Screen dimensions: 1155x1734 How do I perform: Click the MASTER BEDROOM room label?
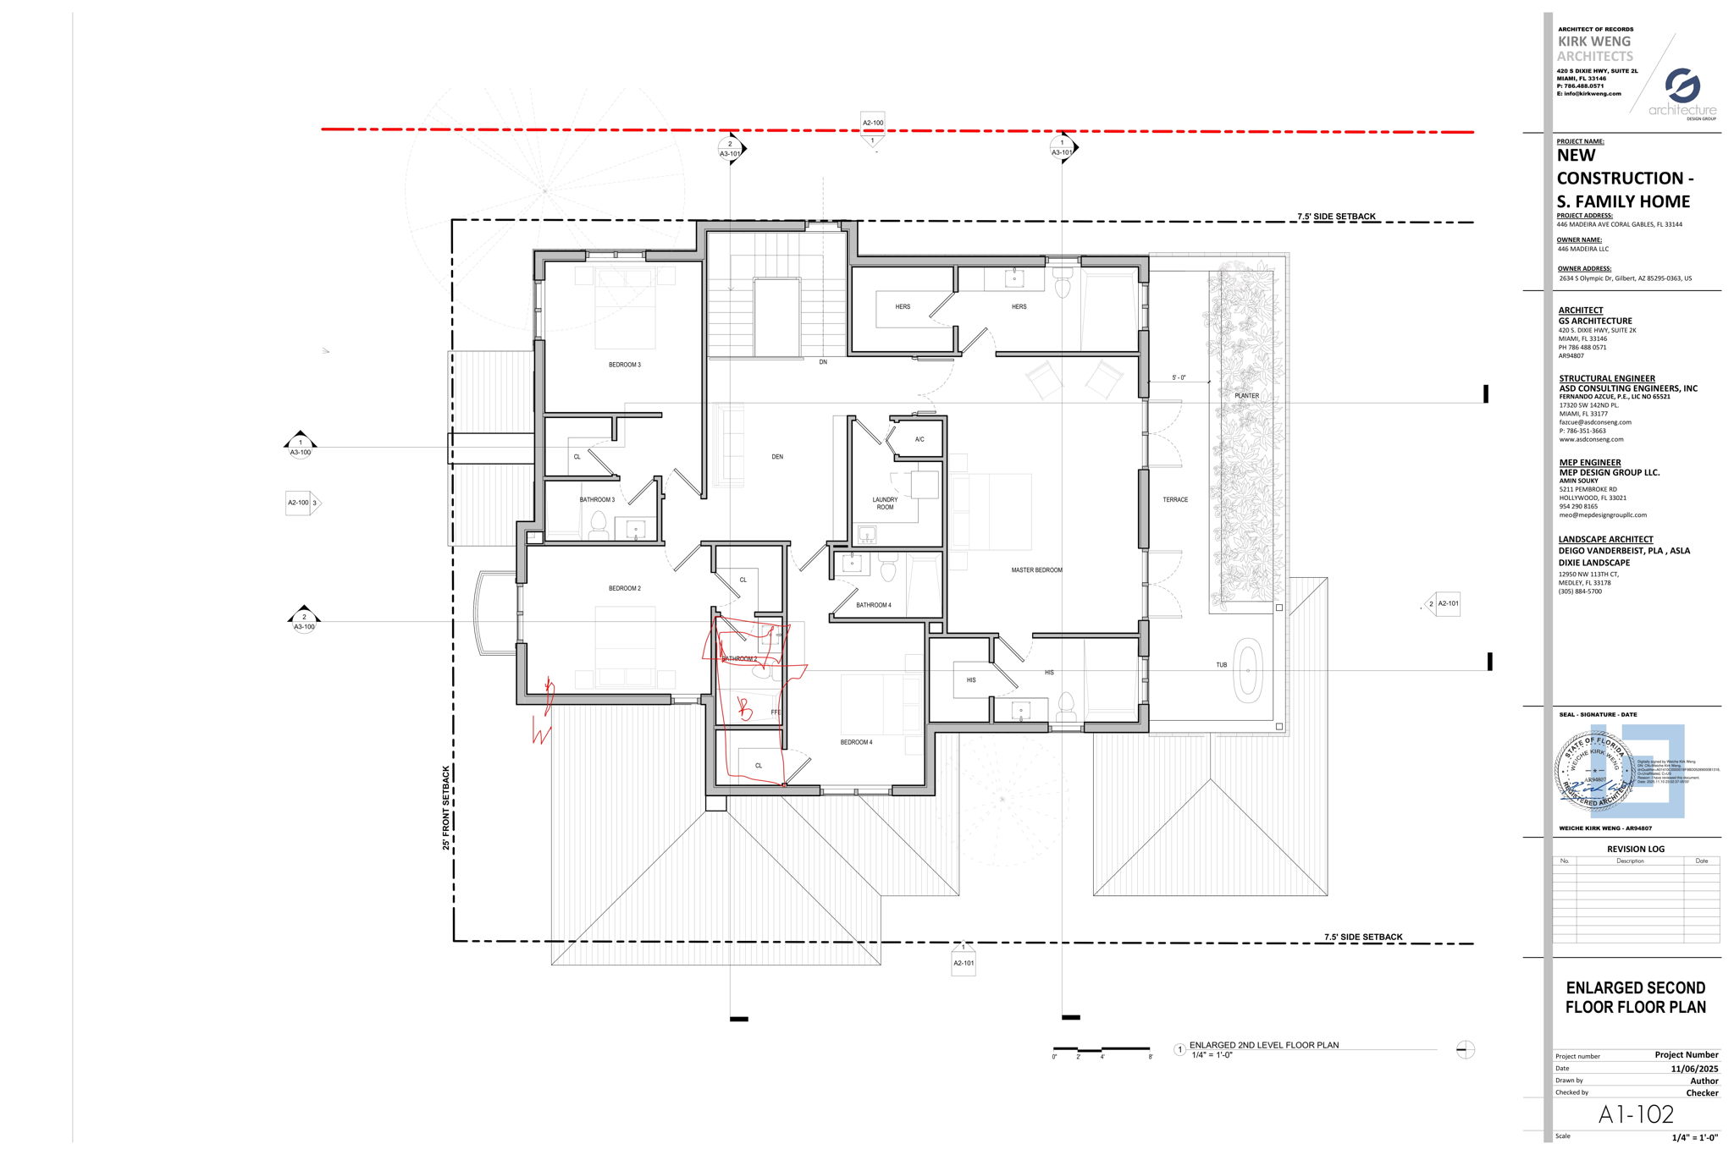[x=1036, y=570]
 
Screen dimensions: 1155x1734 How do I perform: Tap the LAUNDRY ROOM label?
[x=885, y=503]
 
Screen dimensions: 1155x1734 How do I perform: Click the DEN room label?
[x=777, y=457]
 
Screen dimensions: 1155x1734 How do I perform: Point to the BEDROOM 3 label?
[x=625, y=365]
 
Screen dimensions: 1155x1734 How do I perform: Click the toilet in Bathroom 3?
[x=599, y=525]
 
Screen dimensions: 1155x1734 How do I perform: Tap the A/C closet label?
[x=919, y=440]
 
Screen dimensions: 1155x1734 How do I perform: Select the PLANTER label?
[x=1246, y=396]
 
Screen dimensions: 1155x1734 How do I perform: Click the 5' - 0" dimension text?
[x=1179, y=377]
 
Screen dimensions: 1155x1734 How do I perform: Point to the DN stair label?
[x=822, y=362]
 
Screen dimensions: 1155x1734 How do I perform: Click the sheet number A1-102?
[x=1636, y=1114]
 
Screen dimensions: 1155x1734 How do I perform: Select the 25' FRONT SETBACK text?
[x=446, y=808]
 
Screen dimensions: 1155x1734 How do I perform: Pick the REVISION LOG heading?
[x=1636, y=849]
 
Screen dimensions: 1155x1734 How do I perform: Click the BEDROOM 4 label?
[x=856, y=742]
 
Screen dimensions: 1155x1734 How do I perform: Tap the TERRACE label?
[x=1175, y=500]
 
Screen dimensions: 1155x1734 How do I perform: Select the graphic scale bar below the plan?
[x=1102, y=1049]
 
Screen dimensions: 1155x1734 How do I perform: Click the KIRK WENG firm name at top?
[x=1594, y=41]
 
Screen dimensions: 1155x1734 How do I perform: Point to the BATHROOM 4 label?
[x=873, y=605]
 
